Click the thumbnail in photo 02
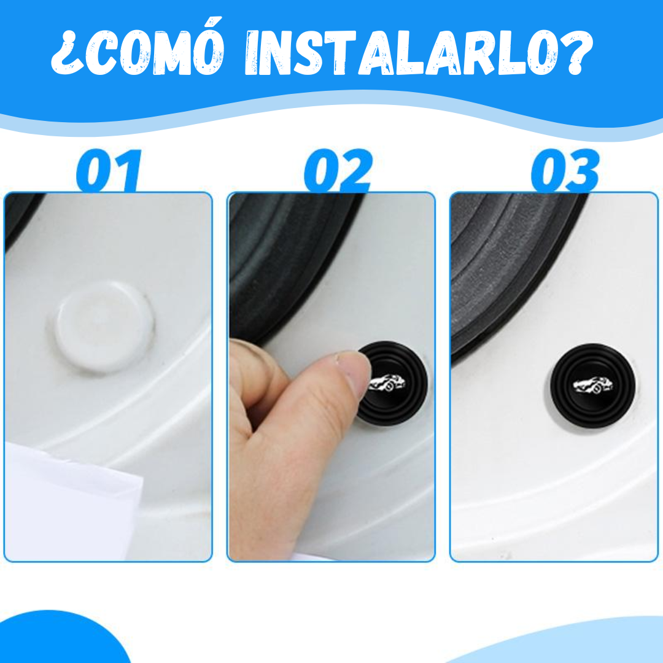pyautogui.click(x=355, y=376)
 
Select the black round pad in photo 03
pyautogui.click(x=592, y=386)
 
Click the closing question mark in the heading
pyautogui.click(x=577, y=53)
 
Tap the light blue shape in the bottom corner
pyautogui.click(x=589, y=645)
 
